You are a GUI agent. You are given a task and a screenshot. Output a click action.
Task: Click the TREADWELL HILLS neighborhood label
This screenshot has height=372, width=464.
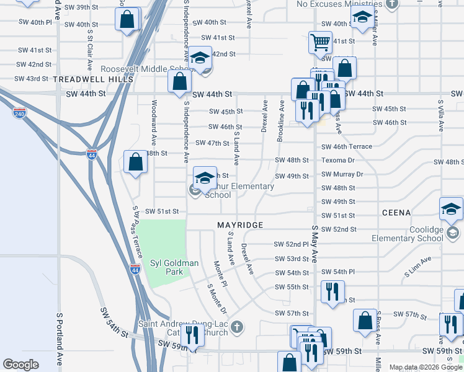(x=93, y=79)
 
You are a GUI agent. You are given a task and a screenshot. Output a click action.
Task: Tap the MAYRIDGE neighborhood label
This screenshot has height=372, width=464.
(x=240, y=224)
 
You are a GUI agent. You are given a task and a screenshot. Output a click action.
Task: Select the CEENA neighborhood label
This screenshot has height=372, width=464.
(x=396, y=213)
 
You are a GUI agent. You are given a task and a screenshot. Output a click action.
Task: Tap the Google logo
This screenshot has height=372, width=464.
(x=20, y=364)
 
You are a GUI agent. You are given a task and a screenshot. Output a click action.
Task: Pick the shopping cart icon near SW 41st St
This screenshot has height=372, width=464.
(x=320, y=43)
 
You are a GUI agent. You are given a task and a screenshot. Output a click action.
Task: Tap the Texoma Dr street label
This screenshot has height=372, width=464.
(x=337, y=160)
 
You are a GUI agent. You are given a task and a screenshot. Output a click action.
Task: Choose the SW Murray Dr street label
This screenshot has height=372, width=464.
(x=342, y=174)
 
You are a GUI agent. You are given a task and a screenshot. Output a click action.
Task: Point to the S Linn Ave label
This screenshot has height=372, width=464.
(x=416, y=270)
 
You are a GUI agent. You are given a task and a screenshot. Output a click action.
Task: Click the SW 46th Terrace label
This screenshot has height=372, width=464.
(x=347, y=146)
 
